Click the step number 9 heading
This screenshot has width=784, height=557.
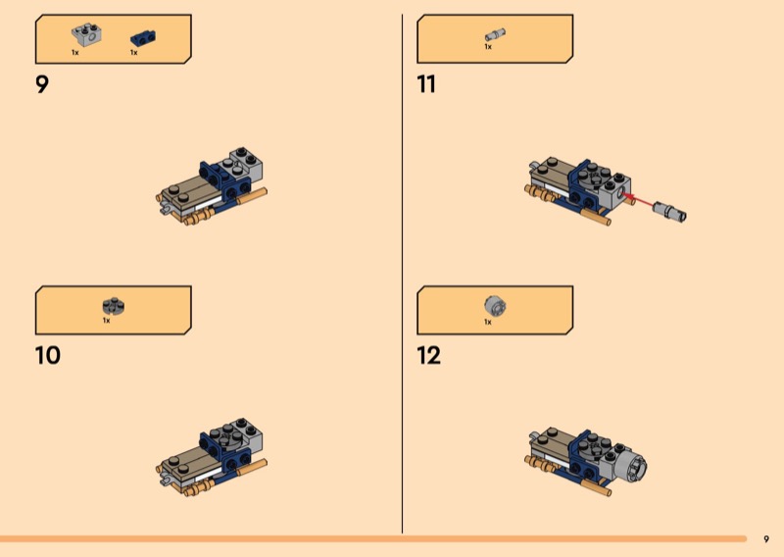42,84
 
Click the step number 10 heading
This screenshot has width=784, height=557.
48,355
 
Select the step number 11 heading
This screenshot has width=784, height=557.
426,84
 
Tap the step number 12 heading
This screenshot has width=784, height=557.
429,355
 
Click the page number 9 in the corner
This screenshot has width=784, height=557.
766,539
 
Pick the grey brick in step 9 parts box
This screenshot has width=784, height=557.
87,34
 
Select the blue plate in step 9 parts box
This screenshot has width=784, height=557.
143,37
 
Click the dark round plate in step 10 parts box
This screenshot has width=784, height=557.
114,306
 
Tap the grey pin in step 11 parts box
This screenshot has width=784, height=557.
495,35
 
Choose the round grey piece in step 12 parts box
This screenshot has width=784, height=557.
496,305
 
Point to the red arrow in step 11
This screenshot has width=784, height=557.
638,199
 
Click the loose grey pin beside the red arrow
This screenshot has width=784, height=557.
670,211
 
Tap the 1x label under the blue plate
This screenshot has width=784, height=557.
133,53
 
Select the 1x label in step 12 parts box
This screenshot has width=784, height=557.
488,322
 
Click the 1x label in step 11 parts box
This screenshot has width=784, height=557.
488,46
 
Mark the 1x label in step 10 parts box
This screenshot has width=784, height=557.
106,321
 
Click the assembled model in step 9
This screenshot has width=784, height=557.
212,186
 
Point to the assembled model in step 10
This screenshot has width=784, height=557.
212,457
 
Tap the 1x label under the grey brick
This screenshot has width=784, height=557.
75,53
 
